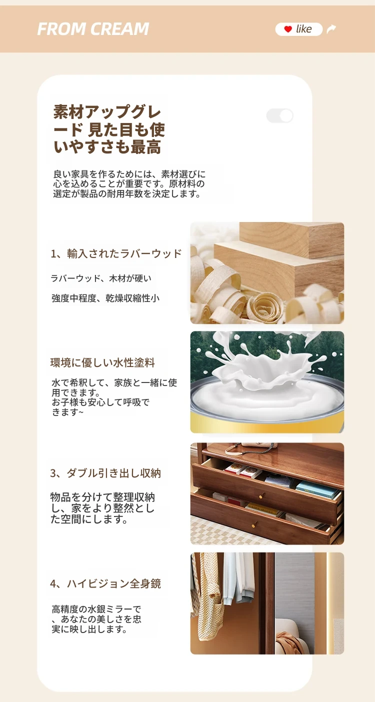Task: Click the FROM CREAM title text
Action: tap(93, 29)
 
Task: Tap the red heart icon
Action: tap(288, 29)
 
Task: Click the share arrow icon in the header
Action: tap(331, 29)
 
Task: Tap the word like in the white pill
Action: tap(303, 29)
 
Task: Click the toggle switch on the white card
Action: tap(279, 115)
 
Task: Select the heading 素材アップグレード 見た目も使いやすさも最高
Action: tap(109, 129)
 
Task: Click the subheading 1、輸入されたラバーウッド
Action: tap(116, 253)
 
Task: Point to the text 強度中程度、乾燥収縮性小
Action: tap(105, 298)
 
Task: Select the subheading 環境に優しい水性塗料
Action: tap(102, 362)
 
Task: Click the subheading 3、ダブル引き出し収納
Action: tap(105, 473)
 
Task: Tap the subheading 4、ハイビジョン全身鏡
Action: tap(105, 583)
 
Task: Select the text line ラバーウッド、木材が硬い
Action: tap(101, 278)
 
